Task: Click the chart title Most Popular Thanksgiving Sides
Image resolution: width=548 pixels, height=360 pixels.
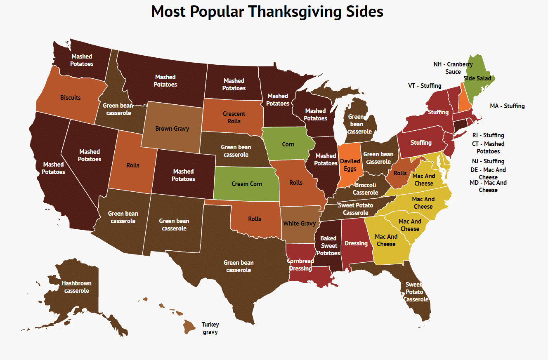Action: point(267,12)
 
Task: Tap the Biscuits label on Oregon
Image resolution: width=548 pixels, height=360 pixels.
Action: point(70,98)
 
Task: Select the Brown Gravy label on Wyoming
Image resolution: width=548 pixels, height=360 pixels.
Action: point(172,129)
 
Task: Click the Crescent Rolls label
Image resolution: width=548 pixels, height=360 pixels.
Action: point(234,118)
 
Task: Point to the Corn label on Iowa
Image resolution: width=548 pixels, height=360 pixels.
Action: point(288,144)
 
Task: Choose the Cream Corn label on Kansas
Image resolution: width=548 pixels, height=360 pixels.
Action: point(247,184)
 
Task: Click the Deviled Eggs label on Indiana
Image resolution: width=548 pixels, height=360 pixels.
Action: point(350,165)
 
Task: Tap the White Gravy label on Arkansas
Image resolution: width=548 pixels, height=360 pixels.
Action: point(299,224)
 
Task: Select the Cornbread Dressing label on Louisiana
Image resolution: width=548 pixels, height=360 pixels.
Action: point(300,265)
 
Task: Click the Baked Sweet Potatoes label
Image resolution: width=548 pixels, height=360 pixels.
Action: point(328,246)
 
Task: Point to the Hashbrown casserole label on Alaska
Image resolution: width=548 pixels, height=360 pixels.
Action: point(76,287)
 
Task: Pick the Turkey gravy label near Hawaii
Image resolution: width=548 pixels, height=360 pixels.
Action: point(210,328)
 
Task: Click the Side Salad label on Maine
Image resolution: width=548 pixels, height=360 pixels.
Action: point(477,78)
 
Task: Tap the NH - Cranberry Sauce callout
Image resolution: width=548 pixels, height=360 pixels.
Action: point(453,68)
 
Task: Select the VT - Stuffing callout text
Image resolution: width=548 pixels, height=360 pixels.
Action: point(425,86)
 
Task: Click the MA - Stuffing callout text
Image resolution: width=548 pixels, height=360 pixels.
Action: point(507,106)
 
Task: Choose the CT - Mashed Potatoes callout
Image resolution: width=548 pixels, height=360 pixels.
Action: point(488,148)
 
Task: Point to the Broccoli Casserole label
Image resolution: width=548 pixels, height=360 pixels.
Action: point(366,189)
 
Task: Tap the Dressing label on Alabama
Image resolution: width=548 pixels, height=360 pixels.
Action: point(356,243)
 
